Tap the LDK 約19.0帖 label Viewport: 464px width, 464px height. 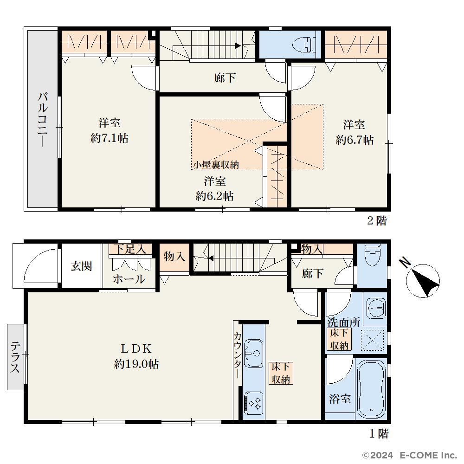point(136,356)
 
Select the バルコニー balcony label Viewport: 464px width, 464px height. point(43,120)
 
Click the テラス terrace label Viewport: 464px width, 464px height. point(15,357)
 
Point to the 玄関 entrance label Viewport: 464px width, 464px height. point(81,266)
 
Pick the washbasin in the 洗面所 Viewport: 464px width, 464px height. point(376,308)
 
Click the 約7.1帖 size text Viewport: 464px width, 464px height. point(109,138)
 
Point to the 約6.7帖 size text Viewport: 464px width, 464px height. point(354,140)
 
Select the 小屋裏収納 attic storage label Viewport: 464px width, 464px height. point(216,165)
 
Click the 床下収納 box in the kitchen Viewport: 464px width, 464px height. point(281,373)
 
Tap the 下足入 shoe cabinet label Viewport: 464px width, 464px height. point(130,249)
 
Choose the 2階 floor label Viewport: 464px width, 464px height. point(377,220)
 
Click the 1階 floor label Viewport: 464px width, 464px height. point(379,433)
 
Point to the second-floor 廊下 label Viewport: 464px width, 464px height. point(225,78)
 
